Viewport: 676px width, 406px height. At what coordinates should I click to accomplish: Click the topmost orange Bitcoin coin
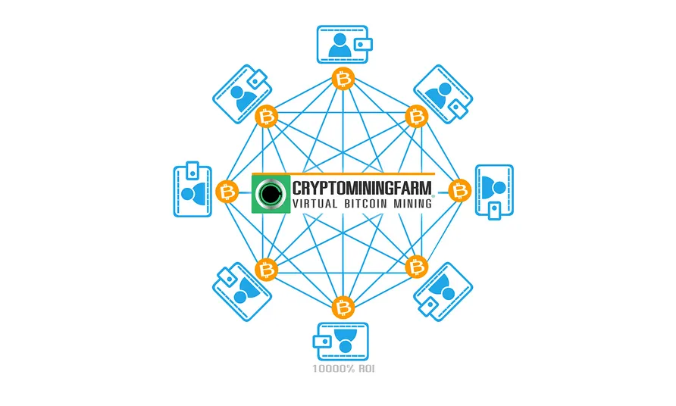[x=343, y=79]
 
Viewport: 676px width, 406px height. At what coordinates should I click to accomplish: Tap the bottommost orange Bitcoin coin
[x=343, y=308]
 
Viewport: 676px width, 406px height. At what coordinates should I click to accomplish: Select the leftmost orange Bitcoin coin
[x=227, y=192]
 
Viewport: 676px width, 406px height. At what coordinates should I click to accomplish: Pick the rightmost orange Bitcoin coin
[x=460, y=190]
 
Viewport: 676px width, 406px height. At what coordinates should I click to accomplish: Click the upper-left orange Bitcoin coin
[x=267, y=117]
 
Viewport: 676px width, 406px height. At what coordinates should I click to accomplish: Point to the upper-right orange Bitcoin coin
[x=417, y=117]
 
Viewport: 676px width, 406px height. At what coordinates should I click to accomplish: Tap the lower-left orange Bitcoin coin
[x=267, y=270]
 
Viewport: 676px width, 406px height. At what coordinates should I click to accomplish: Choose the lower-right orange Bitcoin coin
[x=417, y=267]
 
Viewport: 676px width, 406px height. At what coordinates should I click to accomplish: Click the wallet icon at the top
[x=344, y=45]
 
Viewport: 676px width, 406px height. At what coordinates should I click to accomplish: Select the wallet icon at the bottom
[x=340, y=342]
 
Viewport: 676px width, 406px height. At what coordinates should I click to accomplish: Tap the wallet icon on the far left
[x=192, y=189]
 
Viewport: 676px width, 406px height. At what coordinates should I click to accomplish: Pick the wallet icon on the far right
[x=495, y=192]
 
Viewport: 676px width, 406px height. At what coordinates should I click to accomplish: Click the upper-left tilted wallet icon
[x=242, y=94]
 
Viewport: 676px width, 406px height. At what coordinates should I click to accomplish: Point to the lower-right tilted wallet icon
[x=443, y=292]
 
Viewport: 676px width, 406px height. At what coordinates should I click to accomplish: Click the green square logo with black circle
[x=271, y=194]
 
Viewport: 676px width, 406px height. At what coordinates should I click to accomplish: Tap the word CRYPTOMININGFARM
[x=362, y=188]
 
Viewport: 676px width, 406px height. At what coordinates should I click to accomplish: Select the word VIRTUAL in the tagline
[x=315, y=204]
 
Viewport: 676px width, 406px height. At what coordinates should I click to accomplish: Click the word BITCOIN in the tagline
[x=365, y=204]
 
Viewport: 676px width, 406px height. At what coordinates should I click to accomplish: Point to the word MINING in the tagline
[x=412, y=204]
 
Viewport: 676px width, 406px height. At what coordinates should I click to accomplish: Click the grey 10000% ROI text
[x=343, y=368]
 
